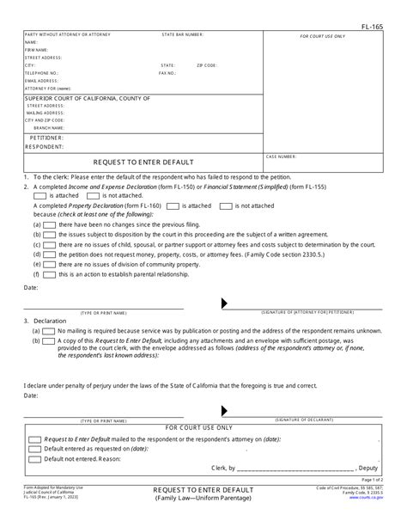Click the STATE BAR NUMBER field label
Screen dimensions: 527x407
coord(183,35)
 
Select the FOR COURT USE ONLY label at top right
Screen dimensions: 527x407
coord(322,37)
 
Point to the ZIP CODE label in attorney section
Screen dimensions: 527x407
coord(206,65)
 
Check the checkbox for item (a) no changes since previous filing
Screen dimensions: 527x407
coord(50,224)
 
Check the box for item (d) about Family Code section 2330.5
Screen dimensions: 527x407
coord(50,254)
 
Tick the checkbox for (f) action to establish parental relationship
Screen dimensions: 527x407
coord(50,275)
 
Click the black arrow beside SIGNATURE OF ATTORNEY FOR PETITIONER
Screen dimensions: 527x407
coord(224,303)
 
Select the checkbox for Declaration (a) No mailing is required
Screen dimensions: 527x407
coord(50,330)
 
